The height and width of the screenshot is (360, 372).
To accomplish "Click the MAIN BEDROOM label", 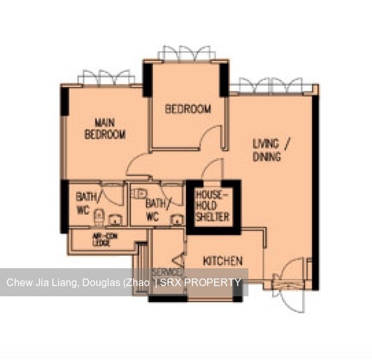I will pos(105,128).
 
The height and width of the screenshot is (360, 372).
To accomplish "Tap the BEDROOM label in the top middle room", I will pos(188,109).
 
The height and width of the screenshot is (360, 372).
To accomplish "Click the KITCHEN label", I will pos(222,261).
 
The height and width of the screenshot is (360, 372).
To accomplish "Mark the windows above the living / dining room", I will pos(273,85).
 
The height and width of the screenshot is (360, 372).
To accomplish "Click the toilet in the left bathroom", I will pos(99,217).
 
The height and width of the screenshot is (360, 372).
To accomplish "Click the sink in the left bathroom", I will pos(116,220).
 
